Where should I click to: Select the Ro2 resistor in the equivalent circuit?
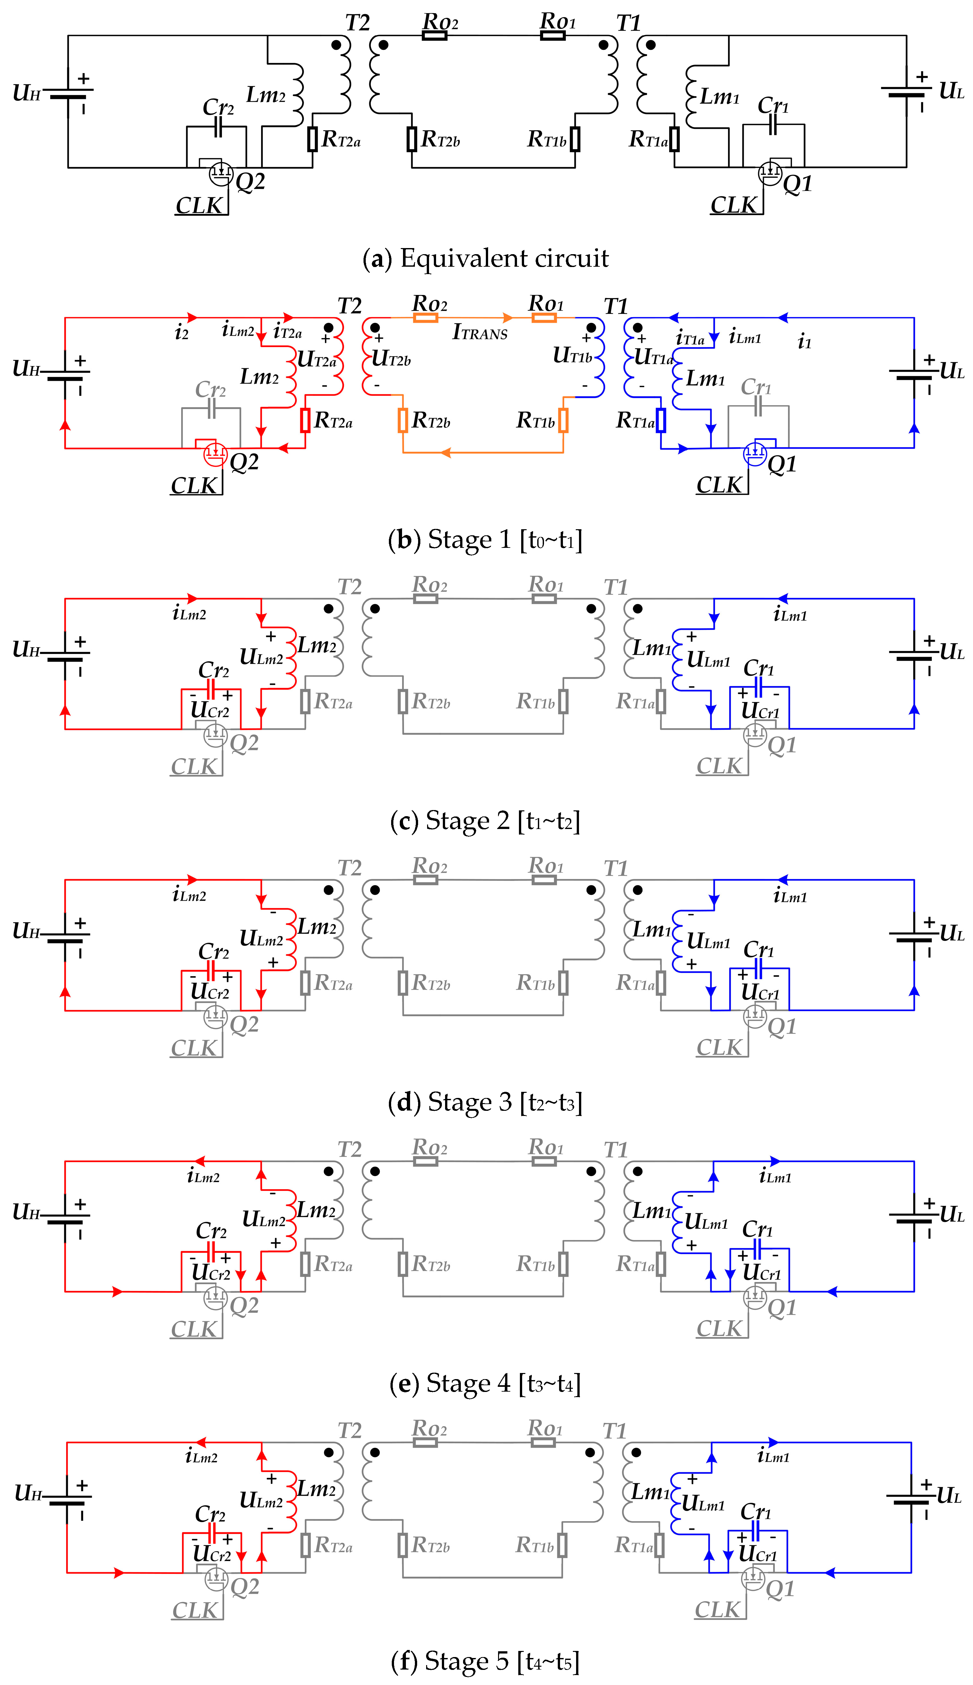[x=434, y=35]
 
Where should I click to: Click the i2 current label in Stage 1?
[x=181, y=332]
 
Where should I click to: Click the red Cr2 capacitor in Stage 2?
[x=211, y=689]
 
